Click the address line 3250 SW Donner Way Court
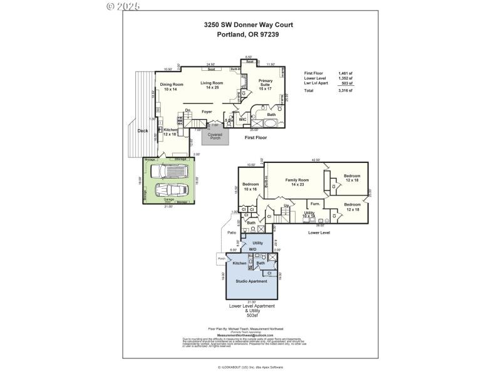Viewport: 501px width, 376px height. point(249,25)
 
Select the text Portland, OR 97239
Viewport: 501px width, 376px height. point(249,34)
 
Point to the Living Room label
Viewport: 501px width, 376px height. point(212,85)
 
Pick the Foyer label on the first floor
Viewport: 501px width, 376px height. point(207,112)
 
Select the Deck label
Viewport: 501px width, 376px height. point(143,130)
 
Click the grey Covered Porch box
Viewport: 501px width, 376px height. point(215,136)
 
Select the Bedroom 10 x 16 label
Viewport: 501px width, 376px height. point(250,186)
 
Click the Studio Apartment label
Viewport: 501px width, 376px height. point(250,281)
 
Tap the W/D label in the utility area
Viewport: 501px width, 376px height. point(253,249)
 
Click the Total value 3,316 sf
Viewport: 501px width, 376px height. point(345,91)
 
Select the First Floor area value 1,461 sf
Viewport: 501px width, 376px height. point(345,73)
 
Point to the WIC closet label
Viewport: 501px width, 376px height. point(242,119)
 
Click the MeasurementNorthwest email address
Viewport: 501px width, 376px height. point(246,335)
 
